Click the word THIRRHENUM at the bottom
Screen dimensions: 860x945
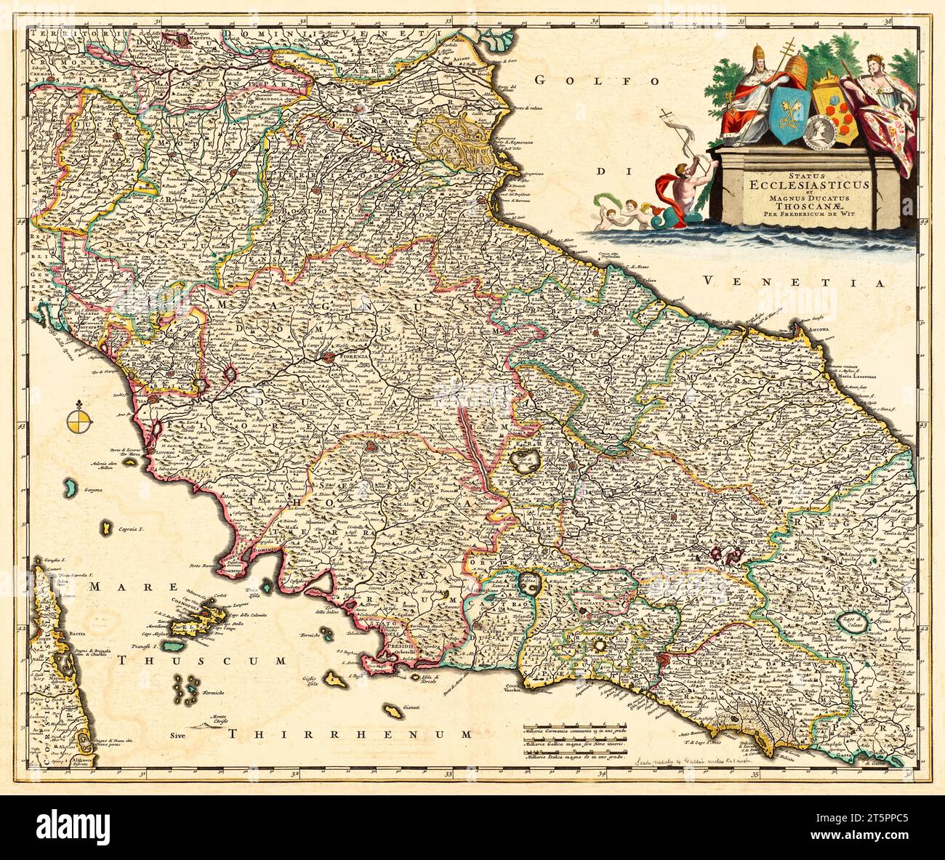[x=349, y=734]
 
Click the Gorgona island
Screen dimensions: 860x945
[x=71, y=484]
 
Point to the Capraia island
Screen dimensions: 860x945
[x=108, y=525]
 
